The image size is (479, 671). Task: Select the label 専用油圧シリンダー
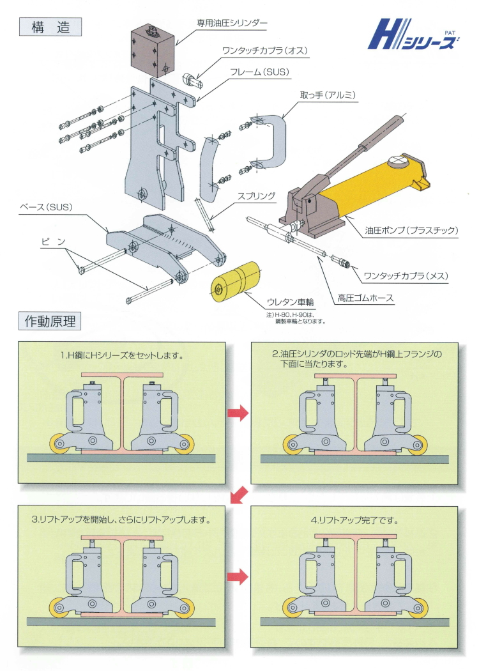pos(231,24)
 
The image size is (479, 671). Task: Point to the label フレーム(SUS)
pos(259,72)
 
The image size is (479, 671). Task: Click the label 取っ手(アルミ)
pos(328,95)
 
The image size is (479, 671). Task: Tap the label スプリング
pos(257,196)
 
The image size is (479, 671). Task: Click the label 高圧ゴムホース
pos(365,297)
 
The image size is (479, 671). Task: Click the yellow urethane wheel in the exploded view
pos(234,281)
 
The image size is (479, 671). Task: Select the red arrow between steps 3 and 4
pos(238,577)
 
